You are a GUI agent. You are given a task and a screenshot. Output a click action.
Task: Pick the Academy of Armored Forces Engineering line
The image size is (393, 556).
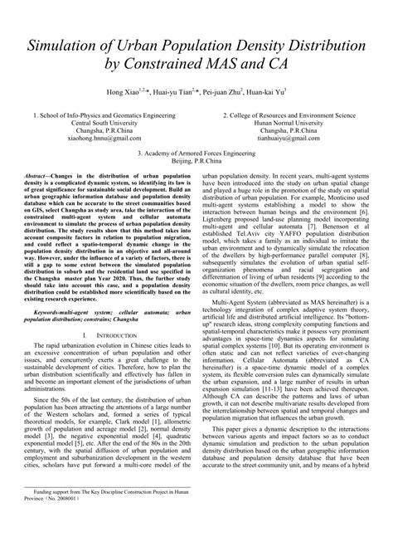pyautogui.click(x=197, y=154)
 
